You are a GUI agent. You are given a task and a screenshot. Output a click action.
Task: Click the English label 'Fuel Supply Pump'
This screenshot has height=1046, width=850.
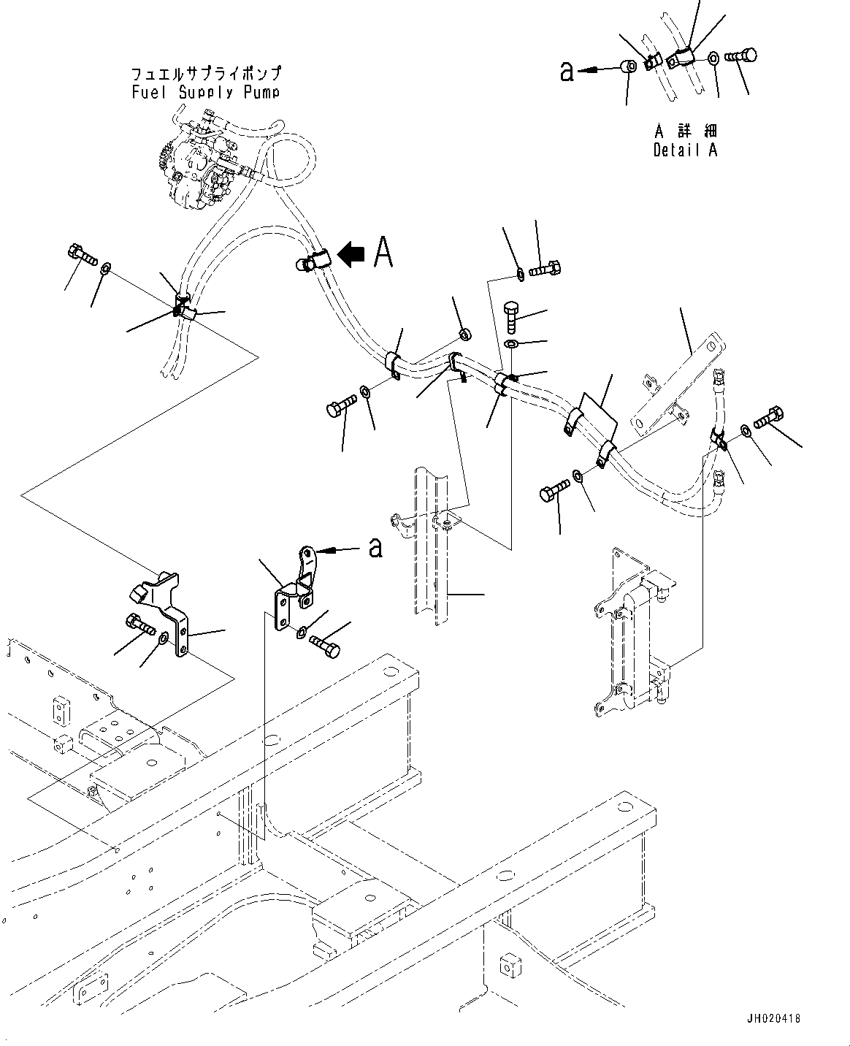click(205, 92)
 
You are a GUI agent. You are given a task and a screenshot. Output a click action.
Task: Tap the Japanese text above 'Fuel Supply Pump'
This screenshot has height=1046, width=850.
click(205, 75)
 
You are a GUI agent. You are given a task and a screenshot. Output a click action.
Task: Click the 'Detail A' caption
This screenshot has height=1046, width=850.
click(685, 150)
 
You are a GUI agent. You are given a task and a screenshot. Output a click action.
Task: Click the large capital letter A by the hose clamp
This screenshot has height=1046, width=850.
click(383, 253)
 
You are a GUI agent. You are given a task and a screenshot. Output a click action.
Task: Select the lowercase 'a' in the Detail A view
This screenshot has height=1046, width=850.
click(567, 71)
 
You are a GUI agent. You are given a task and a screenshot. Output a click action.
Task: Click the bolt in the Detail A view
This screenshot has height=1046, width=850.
click(742, 56)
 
